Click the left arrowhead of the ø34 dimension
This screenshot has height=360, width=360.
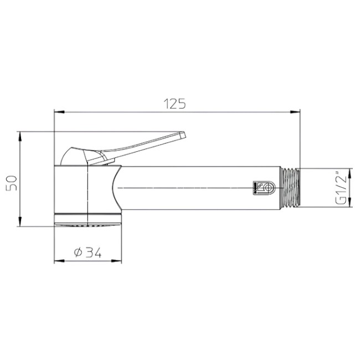point(58,260)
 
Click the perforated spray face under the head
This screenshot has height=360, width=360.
point(87,224)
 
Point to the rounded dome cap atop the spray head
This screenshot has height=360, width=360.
point(74,156)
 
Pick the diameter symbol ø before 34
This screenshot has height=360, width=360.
point(78,253)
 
